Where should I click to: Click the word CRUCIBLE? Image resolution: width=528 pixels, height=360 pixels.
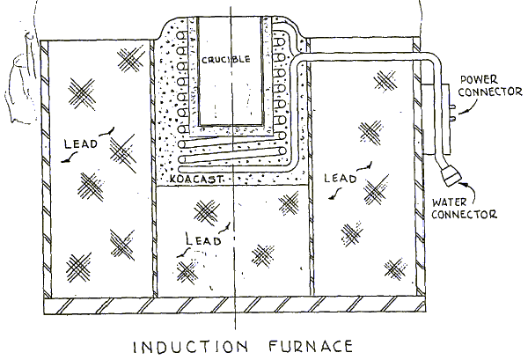[x=226, y=60]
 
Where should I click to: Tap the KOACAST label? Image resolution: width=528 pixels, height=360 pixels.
[x=195, y=179]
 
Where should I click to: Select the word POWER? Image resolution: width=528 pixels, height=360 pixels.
[x=479, y=79]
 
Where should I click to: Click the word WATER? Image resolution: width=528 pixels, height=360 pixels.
[x=449, y=202]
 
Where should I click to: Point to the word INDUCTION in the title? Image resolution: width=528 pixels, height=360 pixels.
[x=191, y=347]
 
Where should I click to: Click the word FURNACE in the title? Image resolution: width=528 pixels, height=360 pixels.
[x=311, y=346]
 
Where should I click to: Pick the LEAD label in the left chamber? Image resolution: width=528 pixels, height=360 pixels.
[x=80, y=143]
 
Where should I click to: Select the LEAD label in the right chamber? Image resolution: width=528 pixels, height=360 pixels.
[x=340, y=178]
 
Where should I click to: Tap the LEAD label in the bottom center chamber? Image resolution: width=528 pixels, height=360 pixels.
[x=203, y=239]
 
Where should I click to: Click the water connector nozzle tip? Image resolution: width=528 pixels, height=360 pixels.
[x=452, y=176]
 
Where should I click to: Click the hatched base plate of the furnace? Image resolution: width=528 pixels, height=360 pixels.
[x=234, y=305]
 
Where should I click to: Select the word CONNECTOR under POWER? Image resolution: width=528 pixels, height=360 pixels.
[x=490, y=92]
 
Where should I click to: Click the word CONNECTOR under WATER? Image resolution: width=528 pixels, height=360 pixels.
[x=464, y=214]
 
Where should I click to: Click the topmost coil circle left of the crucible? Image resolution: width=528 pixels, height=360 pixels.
[x=182, y=36]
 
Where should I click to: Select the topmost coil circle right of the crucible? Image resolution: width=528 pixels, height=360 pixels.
[x=279, y=41]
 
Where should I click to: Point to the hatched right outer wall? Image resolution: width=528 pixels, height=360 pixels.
[x=419, y=168]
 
